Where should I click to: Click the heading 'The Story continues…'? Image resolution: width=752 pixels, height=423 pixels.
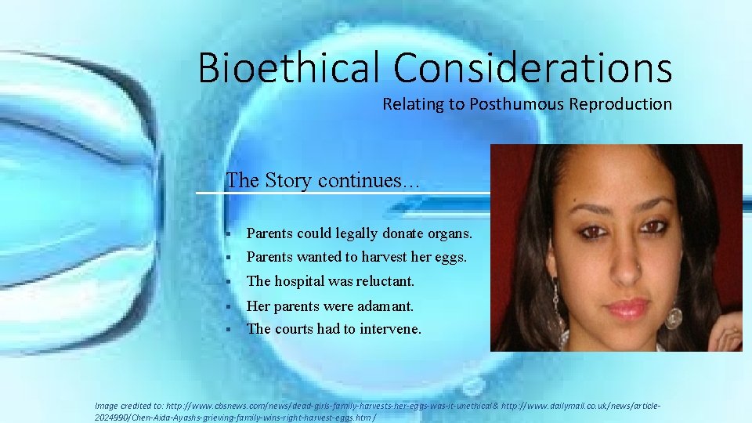pos(323,180)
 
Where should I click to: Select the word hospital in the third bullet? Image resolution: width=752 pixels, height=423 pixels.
pos(302,280)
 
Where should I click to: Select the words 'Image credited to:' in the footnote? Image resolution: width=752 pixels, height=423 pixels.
pos(129,406)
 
